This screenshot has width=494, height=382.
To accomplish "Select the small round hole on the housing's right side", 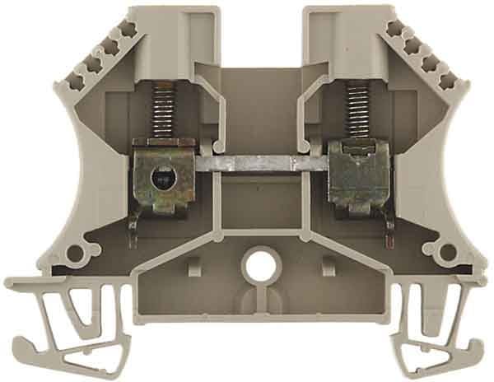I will [449, 252].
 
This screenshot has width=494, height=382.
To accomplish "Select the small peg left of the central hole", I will [196, 265].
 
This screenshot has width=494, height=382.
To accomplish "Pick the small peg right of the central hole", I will [327, 265].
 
